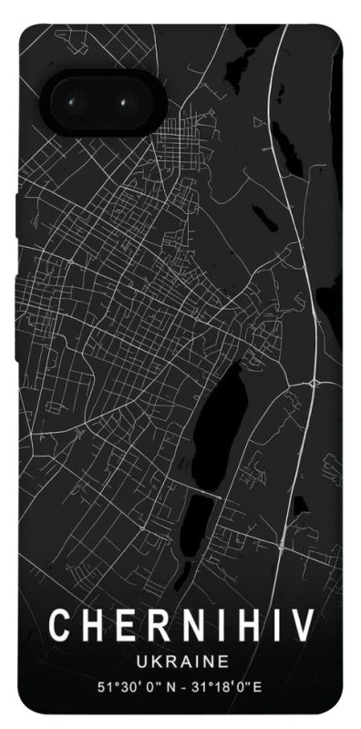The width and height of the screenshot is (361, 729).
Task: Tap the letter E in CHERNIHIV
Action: (x=125, y=626)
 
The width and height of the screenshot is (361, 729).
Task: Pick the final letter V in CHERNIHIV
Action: (x=301, y=626)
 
